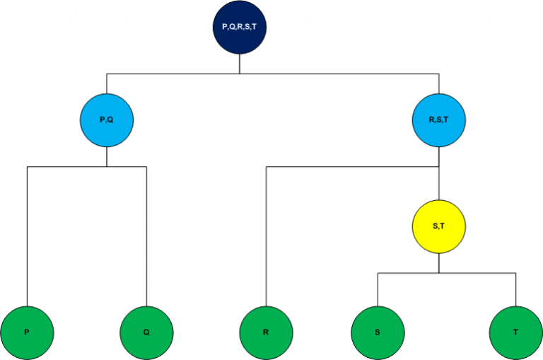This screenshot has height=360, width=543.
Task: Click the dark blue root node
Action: point(240,27)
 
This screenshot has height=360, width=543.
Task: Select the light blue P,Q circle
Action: point(107,120)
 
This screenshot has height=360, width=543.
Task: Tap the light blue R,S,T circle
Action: point(439,120)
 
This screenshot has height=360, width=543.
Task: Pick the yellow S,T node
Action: point(439,226)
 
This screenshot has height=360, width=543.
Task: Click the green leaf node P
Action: point(27,332)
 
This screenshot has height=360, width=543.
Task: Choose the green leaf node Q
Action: point(146,332)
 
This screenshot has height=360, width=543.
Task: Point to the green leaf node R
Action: point(266,332)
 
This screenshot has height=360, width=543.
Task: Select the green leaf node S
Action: point(378,332)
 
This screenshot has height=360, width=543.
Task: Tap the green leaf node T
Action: point(516,332)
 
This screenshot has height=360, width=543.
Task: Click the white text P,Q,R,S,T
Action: point(240,27)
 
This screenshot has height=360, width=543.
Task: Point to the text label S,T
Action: point(439,226)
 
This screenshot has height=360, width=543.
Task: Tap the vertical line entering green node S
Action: point(378,290)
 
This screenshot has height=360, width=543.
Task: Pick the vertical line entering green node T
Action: point(516,290)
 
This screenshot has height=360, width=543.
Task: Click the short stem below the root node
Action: point(240,64)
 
